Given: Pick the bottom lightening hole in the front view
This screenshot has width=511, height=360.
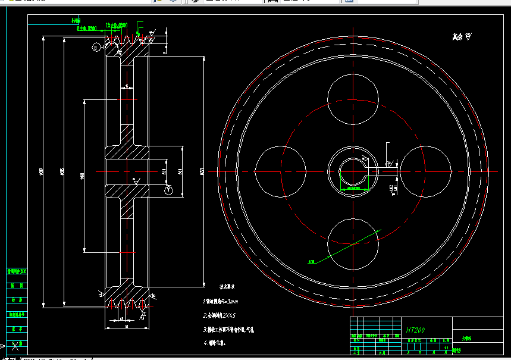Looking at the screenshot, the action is [x=352, y=244].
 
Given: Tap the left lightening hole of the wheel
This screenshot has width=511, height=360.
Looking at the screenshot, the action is [x=280, y=171].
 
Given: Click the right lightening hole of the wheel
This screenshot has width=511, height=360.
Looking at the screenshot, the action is [x=425, y=171].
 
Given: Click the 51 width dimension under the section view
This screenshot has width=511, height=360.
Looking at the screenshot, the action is [x=123, y=320].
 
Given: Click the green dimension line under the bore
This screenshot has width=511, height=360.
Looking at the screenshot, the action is [x=355, y=189].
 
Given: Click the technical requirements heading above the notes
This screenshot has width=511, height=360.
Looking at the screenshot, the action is [x=229, y=286].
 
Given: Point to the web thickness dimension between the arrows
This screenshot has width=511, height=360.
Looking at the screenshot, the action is [x=127, y=87].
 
